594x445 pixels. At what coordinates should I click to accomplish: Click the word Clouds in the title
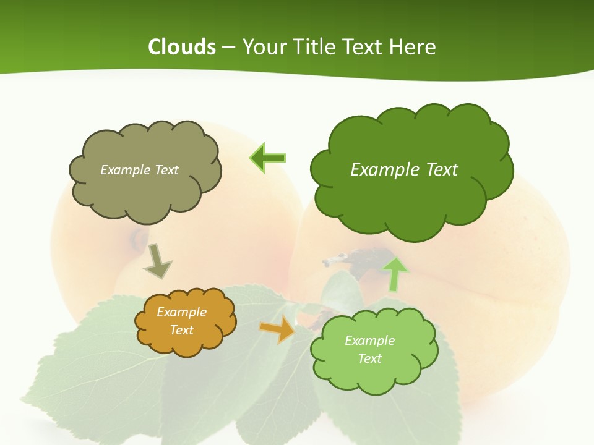point(181,47)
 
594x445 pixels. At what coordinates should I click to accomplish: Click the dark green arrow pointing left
point(268,158)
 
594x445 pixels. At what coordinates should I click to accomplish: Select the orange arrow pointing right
point(278,329)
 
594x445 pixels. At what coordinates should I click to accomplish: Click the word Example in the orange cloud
point(181,312)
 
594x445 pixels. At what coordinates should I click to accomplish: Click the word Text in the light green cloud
point(369,358)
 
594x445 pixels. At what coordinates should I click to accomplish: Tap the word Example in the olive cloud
point(124,170)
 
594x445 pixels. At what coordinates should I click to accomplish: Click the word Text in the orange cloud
point(181,330)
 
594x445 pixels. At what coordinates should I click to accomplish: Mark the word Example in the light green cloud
point(369,341)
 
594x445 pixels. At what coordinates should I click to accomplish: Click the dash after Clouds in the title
point(228,47)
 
